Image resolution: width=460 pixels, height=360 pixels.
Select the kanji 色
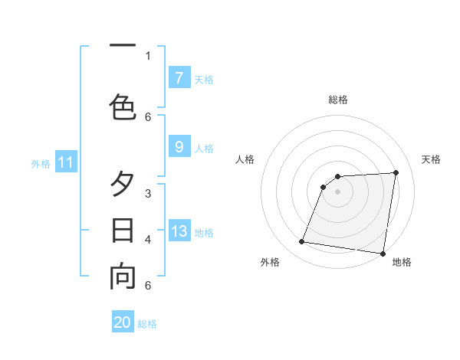click(x=123, y=106)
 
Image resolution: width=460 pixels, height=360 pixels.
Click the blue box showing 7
click(x=179, y=77)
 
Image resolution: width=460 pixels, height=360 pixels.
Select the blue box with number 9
click(x=179, y=147)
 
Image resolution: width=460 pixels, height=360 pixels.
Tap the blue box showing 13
click(x=179, y=231)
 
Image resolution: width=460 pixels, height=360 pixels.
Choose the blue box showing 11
click(x=66, y=162)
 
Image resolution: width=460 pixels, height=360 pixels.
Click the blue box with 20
click(x=123, y=322)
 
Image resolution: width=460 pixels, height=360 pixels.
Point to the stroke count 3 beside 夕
click(x=148, y=194)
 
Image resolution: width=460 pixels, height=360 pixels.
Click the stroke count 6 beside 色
click(x=148, y=116)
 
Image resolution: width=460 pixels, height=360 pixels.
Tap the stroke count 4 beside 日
click(x=148, y=240)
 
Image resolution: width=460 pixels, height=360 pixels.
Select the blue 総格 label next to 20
click(x=147, y=324)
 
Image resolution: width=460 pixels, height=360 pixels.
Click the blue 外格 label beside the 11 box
click(x=41, y=163)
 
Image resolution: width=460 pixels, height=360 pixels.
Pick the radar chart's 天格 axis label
click(x=432, y=159)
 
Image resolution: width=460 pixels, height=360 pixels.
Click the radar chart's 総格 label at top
click(x=337, y=100)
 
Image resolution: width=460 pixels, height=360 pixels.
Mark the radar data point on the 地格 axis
click(x=382, y=254)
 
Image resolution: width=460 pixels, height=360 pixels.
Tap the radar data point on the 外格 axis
click(x=302, y=242)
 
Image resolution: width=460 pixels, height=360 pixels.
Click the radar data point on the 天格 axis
click(x=396, y=172)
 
